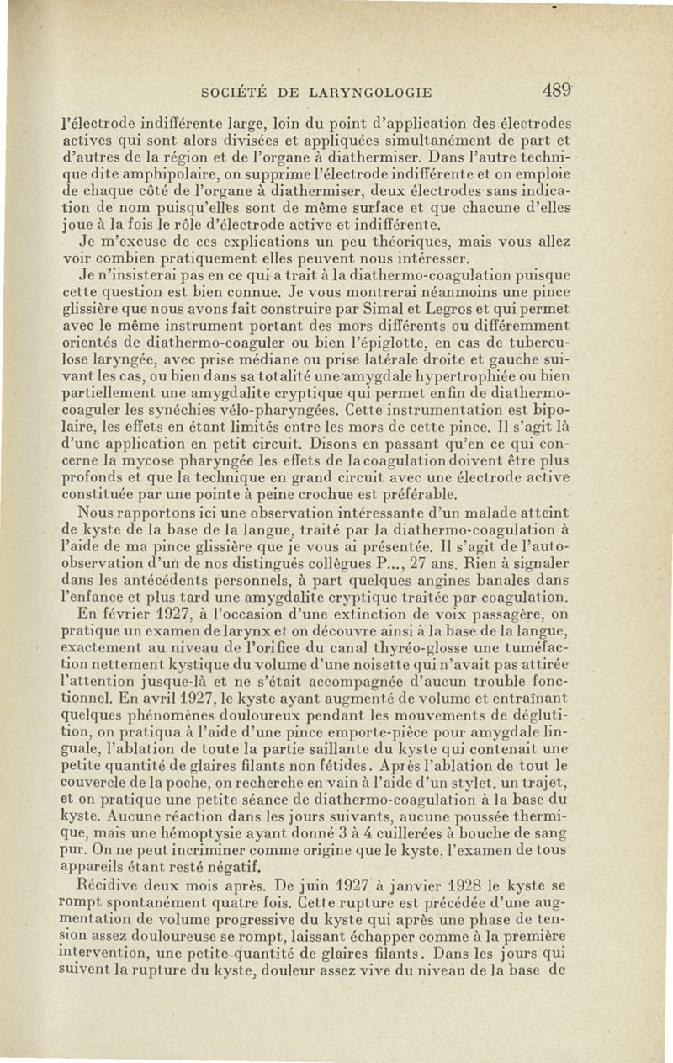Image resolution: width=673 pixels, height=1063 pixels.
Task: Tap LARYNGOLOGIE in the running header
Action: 371,93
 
